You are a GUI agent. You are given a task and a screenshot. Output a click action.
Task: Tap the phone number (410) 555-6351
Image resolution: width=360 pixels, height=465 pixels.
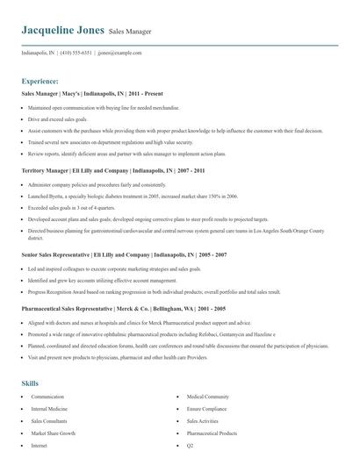click(76, 53)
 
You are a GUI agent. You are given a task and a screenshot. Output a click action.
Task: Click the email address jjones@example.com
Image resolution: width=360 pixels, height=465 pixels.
click(119, 53)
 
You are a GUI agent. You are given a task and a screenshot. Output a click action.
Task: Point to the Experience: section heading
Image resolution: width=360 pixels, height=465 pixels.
click(40, 81)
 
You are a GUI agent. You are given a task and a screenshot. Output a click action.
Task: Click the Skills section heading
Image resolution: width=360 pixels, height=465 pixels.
click(31, 383)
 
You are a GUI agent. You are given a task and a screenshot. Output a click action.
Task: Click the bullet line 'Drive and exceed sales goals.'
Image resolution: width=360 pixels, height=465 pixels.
click(58, 118)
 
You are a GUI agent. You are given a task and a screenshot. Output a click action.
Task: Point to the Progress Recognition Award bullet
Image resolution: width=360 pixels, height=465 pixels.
click(155, 291)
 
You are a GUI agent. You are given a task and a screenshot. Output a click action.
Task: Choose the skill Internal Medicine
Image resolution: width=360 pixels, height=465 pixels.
click(50, 409)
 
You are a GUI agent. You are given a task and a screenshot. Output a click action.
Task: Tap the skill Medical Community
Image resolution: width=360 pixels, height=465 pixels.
click(207, 397)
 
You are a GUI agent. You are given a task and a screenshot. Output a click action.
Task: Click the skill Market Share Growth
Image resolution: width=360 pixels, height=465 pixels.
click(54, 433)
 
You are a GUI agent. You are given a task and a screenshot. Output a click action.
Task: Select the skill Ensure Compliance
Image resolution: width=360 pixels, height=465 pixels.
click(207, 409)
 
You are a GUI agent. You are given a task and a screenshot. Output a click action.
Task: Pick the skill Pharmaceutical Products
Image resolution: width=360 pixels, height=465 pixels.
click(212, 433)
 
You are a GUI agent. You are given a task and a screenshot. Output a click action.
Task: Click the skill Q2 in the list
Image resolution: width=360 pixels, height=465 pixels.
click(190, 446)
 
